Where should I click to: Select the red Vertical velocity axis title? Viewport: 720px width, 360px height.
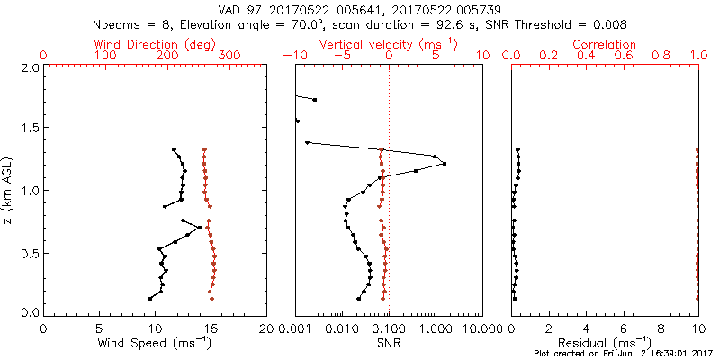(389, 44)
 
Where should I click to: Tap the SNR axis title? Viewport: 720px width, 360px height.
(389, 343)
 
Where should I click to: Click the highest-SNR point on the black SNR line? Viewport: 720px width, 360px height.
(445, 164)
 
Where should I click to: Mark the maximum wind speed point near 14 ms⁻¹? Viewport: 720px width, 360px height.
(200, 228)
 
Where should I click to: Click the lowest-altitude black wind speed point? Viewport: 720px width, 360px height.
(150, 298)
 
